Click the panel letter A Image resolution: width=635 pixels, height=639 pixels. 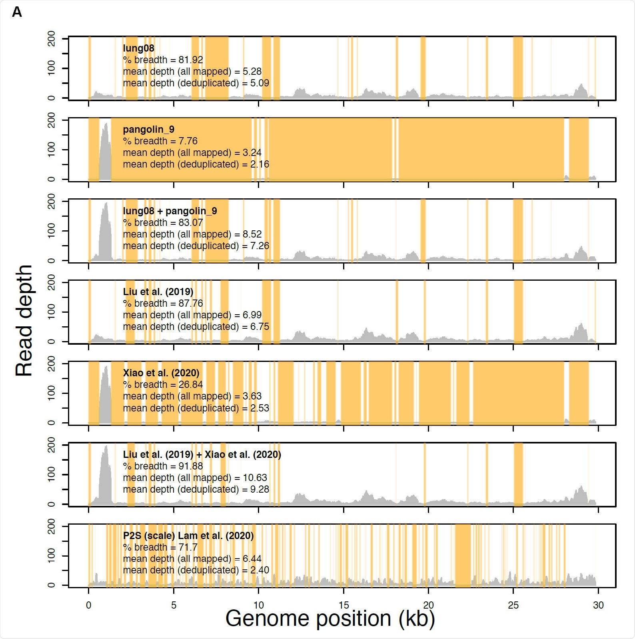click(17, 12)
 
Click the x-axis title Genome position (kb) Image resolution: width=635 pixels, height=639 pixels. click(330, 619)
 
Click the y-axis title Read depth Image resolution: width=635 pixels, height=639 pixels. click(24, 320)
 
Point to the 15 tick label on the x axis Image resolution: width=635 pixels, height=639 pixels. click(343, 605)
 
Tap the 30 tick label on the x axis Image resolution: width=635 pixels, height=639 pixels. click(598, 605)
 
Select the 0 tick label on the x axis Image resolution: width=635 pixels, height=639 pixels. click(89, 605)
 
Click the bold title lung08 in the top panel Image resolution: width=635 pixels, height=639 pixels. click(138, 48)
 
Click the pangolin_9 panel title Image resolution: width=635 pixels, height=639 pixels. click(148, 130)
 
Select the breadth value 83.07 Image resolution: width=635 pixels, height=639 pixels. click(191, 222)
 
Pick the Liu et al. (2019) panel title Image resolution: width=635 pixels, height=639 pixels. click(158, 292)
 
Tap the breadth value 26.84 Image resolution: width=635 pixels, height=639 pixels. click(191, 384)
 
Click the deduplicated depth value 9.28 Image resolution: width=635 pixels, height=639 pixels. click(260, 489)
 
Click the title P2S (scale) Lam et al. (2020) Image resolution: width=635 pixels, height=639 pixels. click(188, 535)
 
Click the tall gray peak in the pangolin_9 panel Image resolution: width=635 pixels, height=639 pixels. click(106, 156)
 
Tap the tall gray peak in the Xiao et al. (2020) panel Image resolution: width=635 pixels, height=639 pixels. click(106, 400)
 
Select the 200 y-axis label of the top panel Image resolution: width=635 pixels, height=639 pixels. click(52, 38)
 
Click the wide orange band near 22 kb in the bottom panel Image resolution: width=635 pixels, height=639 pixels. click(463, 556)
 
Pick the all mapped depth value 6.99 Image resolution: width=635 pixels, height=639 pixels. click(252, 315)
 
